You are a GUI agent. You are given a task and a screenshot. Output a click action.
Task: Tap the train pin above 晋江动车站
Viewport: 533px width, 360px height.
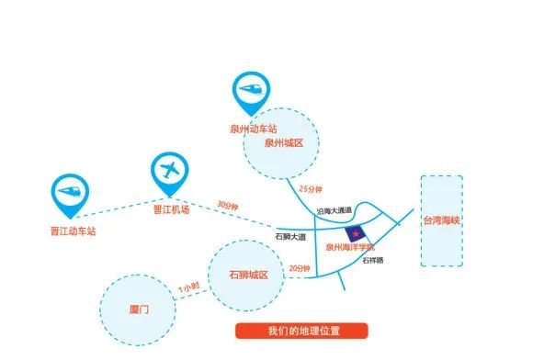71,191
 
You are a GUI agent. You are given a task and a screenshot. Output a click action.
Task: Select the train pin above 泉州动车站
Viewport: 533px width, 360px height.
250,90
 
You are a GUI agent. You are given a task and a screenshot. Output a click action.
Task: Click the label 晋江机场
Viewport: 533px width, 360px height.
170,209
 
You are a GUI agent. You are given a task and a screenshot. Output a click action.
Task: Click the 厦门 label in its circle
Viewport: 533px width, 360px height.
139,312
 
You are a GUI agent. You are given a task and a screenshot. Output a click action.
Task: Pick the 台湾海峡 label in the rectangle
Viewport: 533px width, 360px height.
439,220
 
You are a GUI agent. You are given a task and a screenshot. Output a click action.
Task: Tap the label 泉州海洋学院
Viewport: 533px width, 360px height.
351,248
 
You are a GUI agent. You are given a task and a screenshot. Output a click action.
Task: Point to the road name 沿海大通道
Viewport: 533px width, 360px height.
335,210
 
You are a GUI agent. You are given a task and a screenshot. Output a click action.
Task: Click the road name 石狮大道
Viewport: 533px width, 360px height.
289,237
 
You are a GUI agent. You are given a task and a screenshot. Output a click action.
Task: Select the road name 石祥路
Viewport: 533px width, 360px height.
372,261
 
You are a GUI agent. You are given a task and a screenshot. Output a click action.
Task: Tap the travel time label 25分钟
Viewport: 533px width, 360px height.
312,189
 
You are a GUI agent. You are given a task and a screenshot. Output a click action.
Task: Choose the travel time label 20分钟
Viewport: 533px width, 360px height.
300,268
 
